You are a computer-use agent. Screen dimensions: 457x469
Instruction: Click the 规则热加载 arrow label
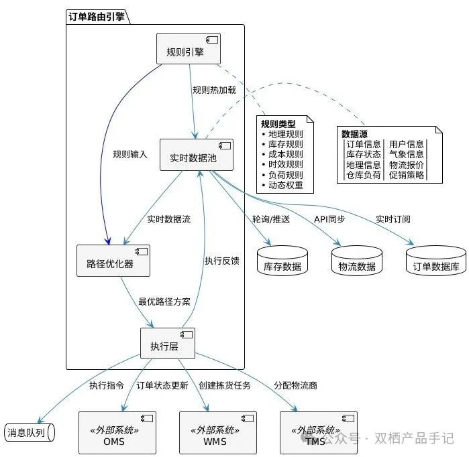214,90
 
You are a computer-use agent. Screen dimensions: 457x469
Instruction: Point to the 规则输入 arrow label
130,155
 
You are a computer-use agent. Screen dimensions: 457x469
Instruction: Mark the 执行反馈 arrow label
221,261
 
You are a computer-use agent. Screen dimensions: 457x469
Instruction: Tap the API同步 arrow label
329,219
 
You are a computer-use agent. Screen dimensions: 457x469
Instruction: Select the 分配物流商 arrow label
295,386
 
